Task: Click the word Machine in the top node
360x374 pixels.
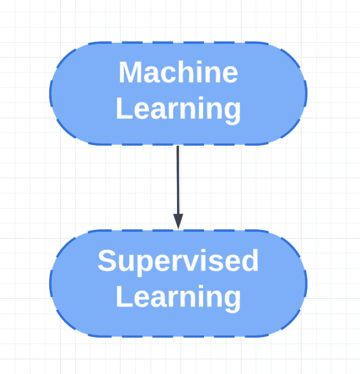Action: tap(179, 72)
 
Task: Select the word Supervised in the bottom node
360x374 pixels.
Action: tap(178, 262)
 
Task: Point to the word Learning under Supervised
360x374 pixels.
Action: tap(178, 299)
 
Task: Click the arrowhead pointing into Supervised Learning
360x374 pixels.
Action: tap(178, 221)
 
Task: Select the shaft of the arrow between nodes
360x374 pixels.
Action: tap(178, 180)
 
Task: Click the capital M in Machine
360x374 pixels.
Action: tap(129, 72)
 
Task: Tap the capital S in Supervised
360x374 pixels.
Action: tap(107, 260)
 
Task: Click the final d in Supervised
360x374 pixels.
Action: tap(251, 260)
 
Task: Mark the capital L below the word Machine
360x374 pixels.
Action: tap(124, 108)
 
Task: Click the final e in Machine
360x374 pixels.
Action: tap(230, 75)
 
